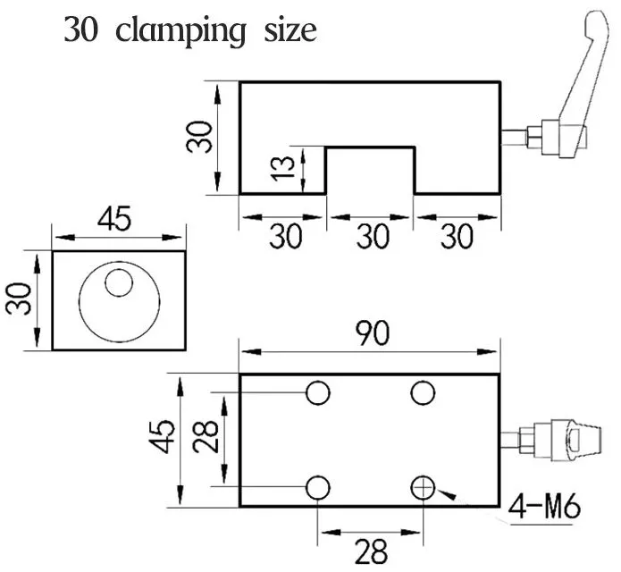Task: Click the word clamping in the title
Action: click(180, 31)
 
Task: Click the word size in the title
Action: click(290, 30)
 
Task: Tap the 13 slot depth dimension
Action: click(283, 168)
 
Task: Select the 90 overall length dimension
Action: click(373, 332)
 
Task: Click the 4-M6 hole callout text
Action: click(544, 506)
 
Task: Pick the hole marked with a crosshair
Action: click(423, 488)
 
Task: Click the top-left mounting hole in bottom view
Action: click(318, 392)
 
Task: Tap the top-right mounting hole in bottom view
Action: click(423, 392)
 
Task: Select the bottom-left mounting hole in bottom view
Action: click(318, 488)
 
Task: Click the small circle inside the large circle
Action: click(119, 282)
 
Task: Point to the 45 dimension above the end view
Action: click(114, 219)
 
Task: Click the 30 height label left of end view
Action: click(18, 299)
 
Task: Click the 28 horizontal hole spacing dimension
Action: click(371, 551)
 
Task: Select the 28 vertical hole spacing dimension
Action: click(206, 436)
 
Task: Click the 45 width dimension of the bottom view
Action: click(162, 436)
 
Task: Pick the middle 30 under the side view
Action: click(373, 237)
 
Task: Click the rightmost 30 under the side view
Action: click(457, 237)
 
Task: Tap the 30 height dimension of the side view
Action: click(199, 137)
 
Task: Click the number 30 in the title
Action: click(80, 30)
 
